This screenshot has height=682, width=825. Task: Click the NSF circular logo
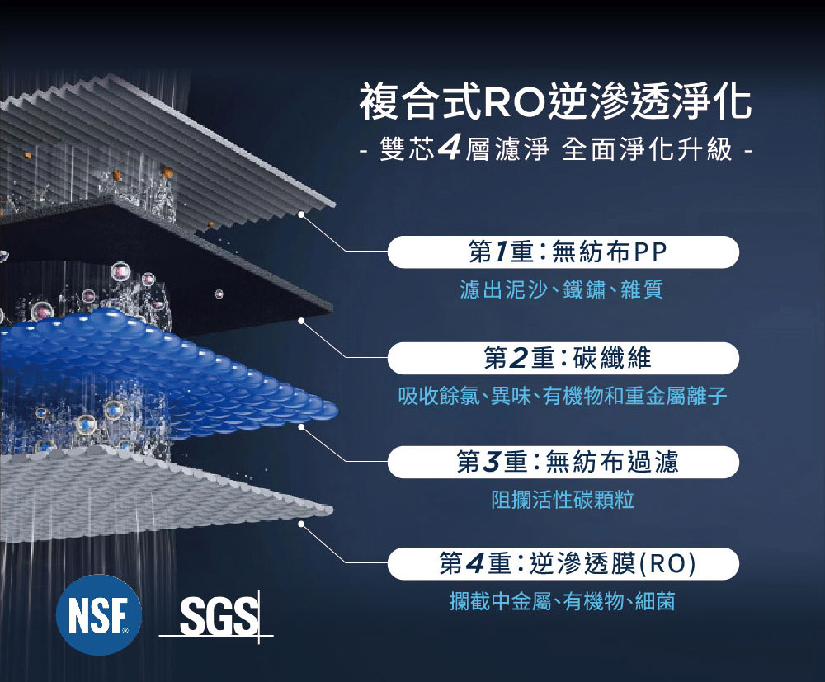click(x=98, y=614)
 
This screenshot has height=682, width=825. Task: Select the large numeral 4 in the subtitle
click(x=450, y=149)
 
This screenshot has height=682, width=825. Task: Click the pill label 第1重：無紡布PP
click(x=563, y=252)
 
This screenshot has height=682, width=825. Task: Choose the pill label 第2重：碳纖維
click(x=563, y=358)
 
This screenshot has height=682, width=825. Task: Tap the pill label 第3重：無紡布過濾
click(x=563, y=462)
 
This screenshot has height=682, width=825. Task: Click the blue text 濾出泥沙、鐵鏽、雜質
click(x=561, y=289)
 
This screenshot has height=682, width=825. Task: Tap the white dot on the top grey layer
click(x=303, y=214)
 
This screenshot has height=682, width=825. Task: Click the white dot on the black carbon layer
click(x=302, y=320)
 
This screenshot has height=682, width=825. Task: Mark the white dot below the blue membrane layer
click(x=302, y=427)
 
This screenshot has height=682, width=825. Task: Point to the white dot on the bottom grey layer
click(x=302, y=523)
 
